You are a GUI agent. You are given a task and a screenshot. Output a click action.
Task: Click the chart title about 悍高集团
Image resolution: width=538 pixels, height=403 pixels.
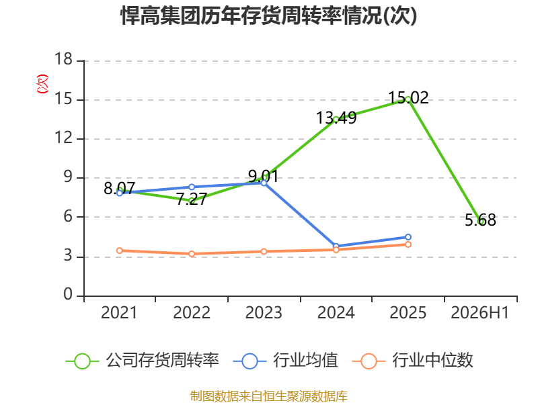tap(268, 15)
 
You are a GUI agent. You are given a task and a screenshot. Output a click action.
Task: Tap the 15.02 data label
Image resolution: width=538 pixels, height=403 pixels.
tap(408, 97)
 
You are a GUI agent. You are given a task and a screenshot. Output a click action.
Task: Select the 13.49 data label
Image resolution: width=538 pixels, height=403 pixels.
tap(336, 118)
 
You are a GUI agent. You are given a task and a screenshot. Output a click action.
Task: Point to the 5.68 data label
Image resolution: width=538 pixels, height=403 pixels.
tap(480, 220)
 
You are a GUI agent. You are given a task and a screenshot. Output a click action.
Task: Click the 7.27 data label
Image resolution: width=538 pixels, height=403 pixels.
tap(192, 199)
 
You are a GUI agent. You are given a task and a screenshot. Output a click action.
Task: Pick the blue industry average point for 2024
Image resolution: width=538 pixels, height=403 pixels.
tap(336, 246)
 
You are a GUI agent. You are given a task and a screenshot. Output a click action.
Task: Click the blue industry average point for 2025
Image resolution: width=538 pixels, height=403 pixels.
tap(408, 237)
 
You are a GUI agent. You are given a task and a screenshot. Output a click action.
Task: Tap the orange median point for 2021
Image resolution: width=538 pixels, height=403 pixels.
tap(120, 251)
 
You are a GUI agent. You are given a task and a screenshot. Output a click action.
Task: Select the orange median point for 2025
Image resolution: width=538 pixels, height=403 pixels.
tap(408, 244)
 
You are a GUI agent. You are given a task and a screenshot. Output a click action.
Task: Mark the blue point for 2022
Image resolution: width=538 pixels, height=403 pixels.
tap(192, 187)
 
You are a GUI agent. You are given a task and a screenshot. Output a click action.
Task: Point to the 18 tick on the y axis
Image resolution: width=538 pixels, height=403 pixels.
tap(63, 59)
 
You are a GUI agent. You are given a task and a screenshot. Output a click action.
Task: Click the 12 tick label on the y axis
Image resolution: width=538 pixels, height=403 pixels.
tap(63, 138)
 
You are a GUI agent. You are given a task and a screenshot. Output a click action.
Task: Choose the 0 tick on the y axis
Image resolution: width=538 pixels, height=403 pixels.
tap(68, 294)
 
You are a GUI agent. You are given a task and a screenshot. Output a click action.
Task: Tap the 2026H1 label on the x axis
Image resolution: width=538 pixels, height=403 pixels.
tap(480, 313)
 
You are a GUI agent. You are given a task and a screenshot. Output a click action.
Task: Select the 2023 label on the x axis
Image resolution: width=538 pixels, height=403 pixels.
tap(264, 313)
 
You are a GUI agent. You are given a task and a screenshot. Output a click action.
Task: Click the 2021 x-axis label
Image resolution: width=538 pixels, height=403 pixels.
tap(119, 313)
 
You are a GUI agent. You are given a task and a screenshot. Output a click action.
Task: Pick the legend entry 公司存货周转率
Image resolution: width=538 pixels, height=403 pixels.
tap(142, 361)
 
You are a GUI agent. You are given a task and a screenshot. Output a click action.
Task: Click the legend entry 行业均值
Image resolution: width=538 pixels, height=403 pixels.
tap(285, 361)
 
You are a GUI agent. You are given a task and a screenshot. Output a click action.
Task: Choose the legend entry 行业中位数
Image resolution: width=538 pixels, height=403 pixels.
tap(413, 361)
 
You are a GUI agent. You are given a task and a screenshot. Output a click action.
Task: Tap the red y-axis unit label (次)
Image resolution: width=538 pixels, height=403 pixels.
tap(42, 83)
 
